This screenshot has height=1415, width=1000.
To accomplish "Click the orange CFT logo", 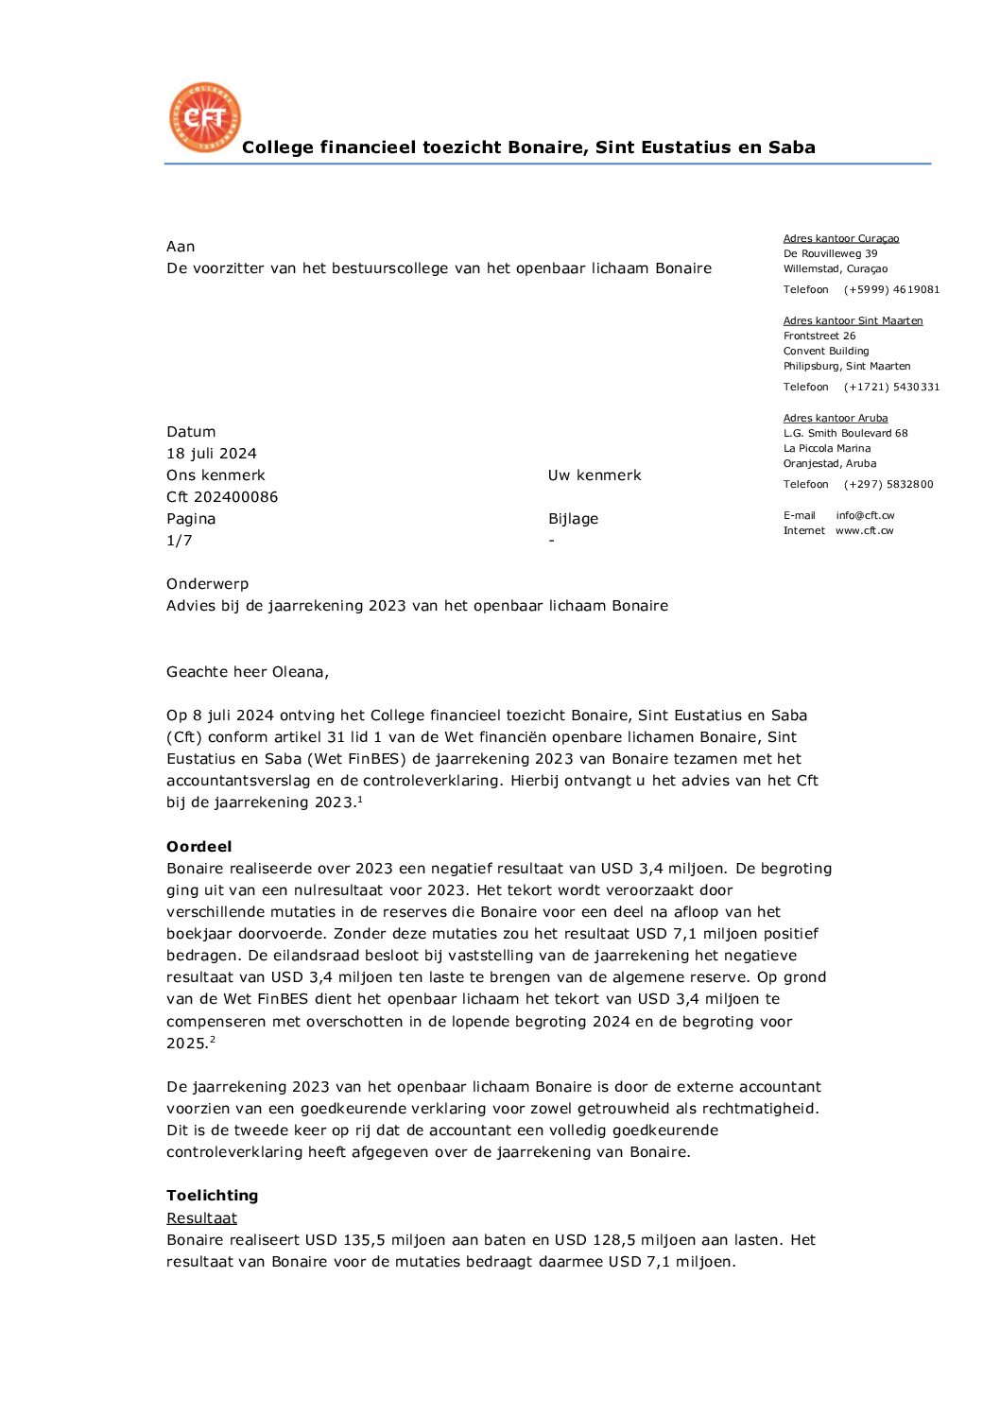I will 205,117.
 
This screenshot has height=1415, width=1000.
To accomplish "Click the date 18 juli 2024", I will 212,454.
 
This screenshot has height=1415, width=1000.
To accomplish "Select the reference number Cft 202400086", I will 222,497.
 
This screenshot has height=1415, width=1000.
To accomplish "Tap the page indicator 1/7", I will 180,541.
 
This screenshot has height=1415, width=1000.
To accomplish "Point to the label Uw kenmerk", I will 595,475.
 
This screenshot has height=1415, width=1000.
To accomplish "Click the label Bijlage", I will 573,519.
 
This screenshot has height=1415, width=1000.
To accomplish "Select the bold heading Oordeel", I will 199,847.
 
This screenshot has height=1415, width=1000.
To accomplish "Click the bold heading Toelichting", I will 213,1196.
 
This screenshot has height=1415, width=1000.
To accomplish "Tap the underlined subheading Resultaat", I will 202,1218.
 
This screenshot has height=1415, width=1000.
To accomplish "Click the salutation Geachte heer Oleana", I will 248,672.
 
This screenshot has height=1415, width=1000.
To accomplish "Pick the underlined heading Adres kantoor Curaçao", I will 841,238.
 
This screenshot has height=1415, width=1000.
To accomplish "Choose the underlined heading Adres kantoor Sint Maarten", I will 853,320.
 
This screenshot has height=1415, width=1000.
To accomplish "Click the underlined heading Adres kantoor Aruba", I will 836,418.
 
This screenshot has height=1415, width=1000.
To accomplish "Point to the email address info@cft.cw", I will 865,515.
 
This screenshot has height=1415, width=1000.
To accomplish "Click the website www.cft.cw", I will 864,530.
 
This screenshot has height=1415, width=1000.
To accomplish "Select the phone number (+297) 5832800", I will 888,484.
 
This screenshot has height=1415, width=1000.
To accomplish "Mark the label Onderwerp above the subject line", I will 207,584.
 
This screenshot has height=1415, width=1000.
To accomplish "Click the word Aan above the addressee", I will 181,247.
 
